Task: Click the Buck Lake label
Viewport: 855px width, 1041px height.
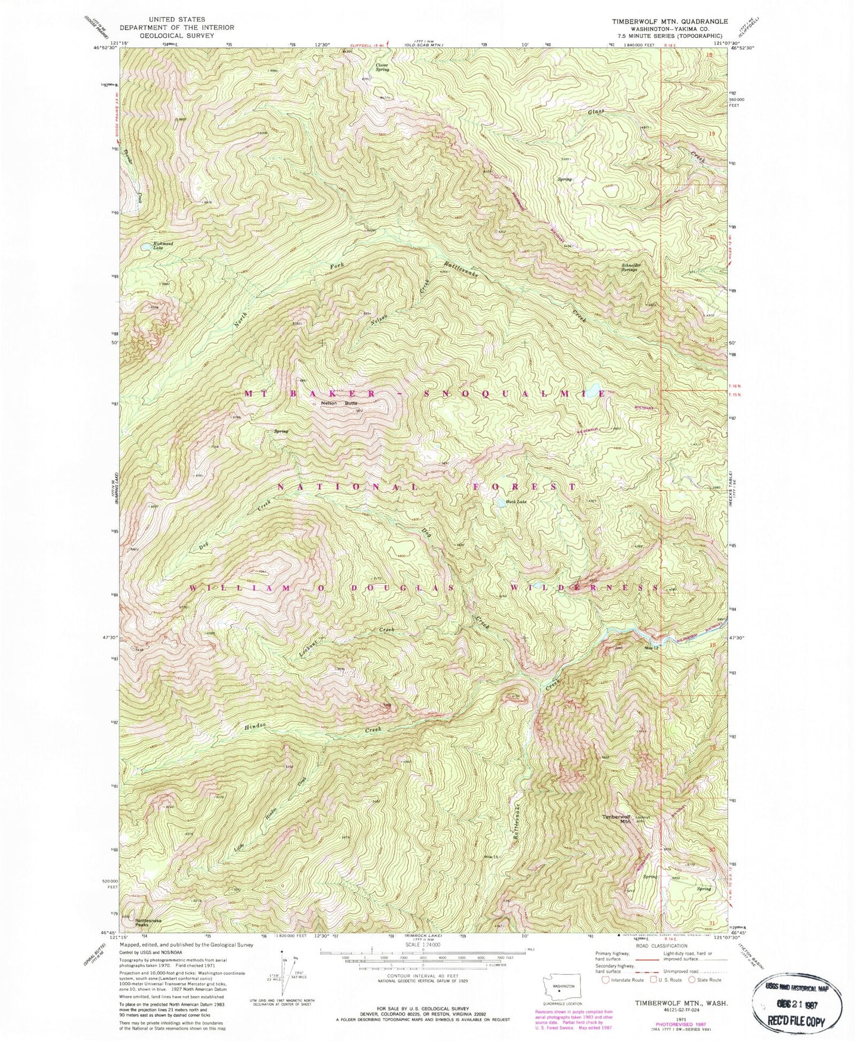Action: (x=516, y=502)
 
